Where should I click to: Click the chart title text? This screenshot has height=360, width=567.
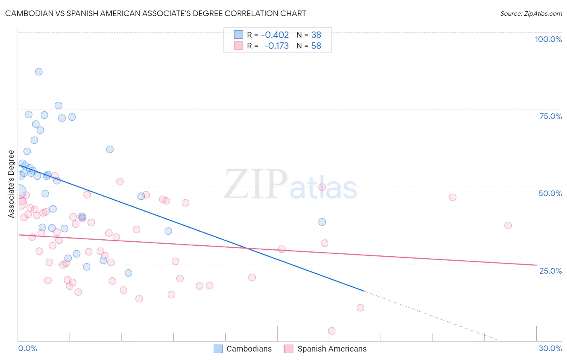[x=156, y=13]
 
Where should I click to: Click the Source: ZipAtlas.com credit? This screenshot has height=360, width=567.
[x=531, y=13]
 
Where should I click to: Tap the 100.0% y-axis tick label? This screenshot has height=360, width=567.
[x=548, y=39]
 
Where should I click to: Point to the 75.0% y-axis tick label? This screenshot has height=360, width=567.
[x=550, y=116]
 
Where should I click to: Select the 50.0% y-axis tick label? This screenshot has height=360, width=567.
[x=550, y=193]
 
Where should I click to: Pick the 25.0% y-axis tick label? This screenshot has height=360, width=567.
[x=550, y=270]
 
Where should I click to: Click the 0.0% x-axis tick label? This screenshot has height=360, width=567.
[x=27, y=348]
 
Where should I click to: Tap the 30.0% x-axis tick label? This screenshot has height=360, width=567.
[x=550, y=348]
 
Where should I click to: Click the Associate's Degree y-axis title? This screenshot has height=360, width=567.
[x=11, y=184]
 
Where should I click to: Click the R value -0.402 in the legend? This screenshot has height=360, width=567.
[x=275, y=35]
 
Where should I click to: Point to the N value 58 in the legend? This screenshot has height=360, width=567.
[x=316, y=46]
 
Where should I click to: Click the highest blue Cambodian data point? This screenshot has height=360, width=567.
[x=39, y=71]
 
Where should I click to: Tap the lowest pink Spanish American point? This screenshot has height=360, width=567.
[x=331, y=331]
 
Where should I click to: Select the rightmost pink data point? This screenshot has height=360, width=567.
[x=508, y=226]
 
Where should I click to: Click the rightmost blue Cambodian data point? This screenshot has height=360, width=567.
[x=322, y=222]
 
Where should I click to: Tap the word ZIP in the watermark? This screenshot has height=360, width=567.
[x=256, y=184]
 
